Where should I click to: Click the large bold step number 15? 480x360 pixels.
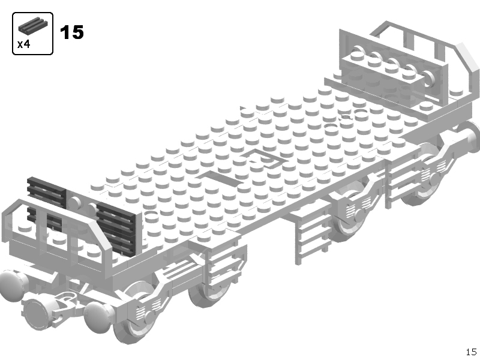click(x=71, y=32)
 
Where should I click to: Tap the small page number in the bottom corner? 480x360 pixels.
click(x=471, y=352)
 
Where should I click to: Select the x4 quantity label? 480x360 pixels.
click(x=23, y=44)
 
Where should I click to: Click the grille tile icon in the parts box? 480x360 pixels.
click(x=33, y=25)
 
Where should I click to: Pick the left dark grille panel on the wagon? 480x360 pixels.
click(x=47, y=202)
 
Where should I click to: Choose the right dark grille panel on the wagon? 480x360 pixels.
click(x=115, y=227)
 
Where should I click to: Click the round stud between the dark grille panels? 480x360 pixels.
click(x=74, y=203)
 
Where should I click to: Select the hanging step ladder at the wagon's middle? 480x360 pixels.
click(x=312, y=239)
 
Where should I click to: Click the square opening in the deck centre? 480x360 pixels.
click(x=265, y=158)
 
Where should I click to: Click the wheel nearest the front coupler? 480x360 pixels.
click(x=134, y=316)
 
